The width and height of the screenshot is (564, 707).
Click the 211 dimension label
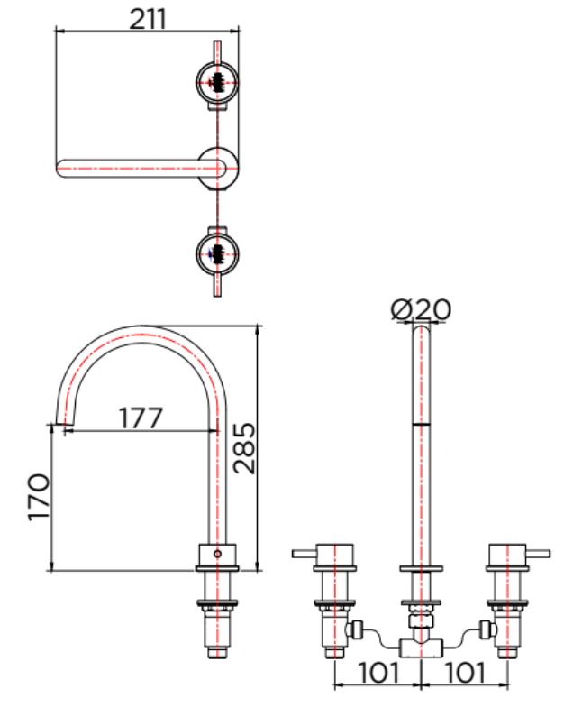(148, 19)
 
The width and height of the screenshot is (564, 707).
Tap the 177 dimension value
(141, 418)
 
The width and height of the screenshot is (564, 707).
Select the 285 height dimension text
(244, 448)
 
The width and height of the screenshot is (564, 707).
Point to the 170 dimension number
(39, 497)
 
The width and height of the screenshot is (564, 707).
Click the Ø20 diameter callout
(421, 309)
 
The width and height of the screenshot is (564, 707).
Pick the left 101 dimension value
(378, 673)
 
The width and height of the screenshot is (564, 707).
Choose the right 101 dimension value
(465, 673)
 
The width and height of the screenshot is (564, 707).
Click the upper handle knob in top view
(217, 83)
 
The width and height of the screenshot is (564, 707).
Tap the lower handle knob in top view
(217, 254)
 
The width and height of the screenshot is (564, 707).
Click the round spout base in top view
(218, 168)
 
